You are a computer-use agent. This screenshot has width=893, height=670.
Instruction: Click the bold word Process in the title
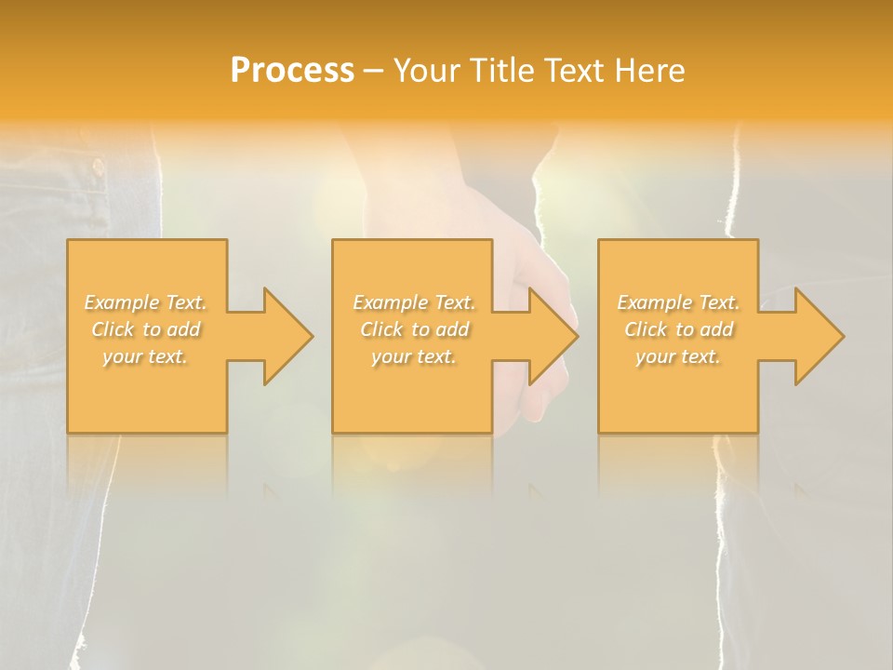[292, 71]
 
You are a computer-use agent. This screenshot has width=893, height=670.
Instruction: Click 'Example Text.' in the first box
[146, 302]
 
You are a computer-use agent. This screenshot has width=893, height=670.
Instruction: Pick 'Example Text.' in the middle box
[414, 302]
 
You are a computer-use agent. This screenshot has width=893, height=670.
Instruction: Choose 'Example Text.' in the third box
[678, 302]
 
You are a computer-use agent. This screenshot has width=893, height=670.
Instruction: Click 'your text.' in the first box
[146, 356]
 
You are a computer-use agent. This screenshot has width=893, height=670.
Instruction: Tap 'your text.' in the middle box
[414, 356]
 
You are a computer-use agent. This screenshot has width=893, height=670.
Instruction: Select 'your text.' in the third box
[678, 356]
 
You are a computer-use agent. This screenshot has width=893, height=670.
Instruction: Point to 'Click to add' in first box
[146, 329]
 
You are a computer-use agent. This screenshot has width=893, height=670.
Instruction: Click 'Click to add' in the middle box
[414, 329]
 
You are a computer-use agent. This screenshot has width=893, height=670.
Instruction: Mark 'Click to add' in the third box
[678, 329]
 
